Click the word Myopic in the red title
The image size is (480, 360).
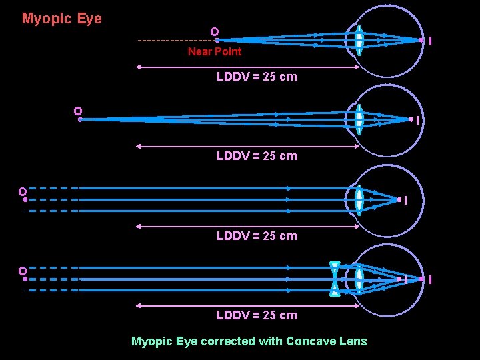[47, 19]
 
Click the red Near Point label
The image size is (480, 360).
[214, 51]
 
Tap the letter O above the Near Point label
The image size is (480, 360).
[214, 31]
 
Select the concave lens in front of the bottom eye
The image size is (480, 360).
[335, 279]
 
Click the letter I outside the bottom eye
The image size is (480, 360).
[430, 280]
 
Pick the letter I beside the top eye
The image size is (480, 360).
[430, 41]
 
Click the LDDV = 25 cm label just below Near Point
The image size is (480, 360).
[257, 77]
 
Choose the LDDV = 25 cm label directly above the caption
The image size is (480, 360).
[257, 315]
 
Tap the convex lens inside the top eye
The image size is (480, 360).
[359, 40]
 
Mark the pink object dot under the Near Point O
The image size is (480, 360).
[217, 40]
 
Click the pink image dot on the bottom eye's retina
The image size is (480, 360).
[421, 279]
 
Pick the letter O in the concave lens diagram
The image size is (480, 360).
[22, 271]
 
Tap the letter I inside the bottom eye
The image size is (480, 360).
[406, 280]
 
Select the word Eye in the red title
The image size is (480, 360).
[89, 19]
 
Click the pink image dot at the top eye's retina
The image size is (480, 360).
[421, 40]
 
